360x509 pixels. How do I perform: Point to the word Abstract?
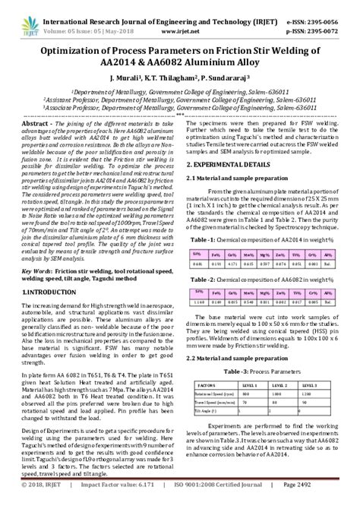pyautogui.click(x=36, y=123)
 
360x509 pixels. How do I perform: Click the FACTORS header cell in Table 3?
pyautogui.click(x=207, y=385)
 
